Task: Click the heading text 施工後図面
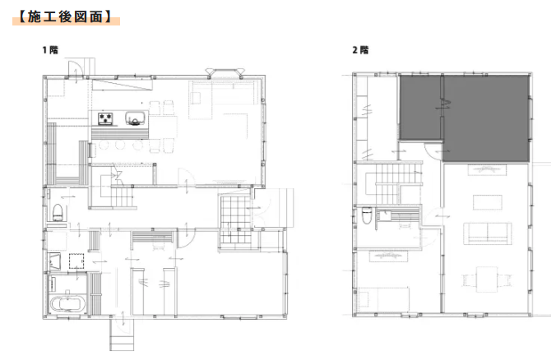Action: coord(65,16)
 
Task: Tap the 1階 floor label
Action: coord(50,50)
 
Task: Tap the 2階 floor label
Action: coord(360,50)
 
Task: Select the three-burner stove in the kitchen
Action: coord(106,118)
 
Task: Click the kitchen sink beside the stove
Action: coord(136,118)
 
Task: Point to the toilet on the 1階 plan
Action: coord(58,213)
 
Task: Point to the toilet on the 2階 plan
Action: coord(367,215)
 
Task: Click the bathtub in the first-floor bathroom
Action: coord(68,304)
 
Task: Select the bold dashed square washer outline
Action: coord(76,261)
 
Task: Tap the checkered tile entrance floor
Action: coord(236,220)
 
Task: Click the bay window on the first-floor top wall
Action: coord(225,72)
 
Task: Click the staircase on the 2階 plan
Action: coord(394,183)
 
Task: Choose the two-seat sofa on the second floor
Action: coord(488,233)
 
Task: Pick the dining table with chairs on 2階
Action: coord(487,279)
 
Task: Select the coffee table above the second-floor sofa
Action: coord(488,202)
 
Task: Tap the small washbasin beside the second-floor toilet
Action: coord(385,215)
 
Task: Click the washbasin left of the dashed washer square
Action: coord(54,261)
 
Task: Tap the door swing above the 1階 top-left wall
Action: coord(75,68)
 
